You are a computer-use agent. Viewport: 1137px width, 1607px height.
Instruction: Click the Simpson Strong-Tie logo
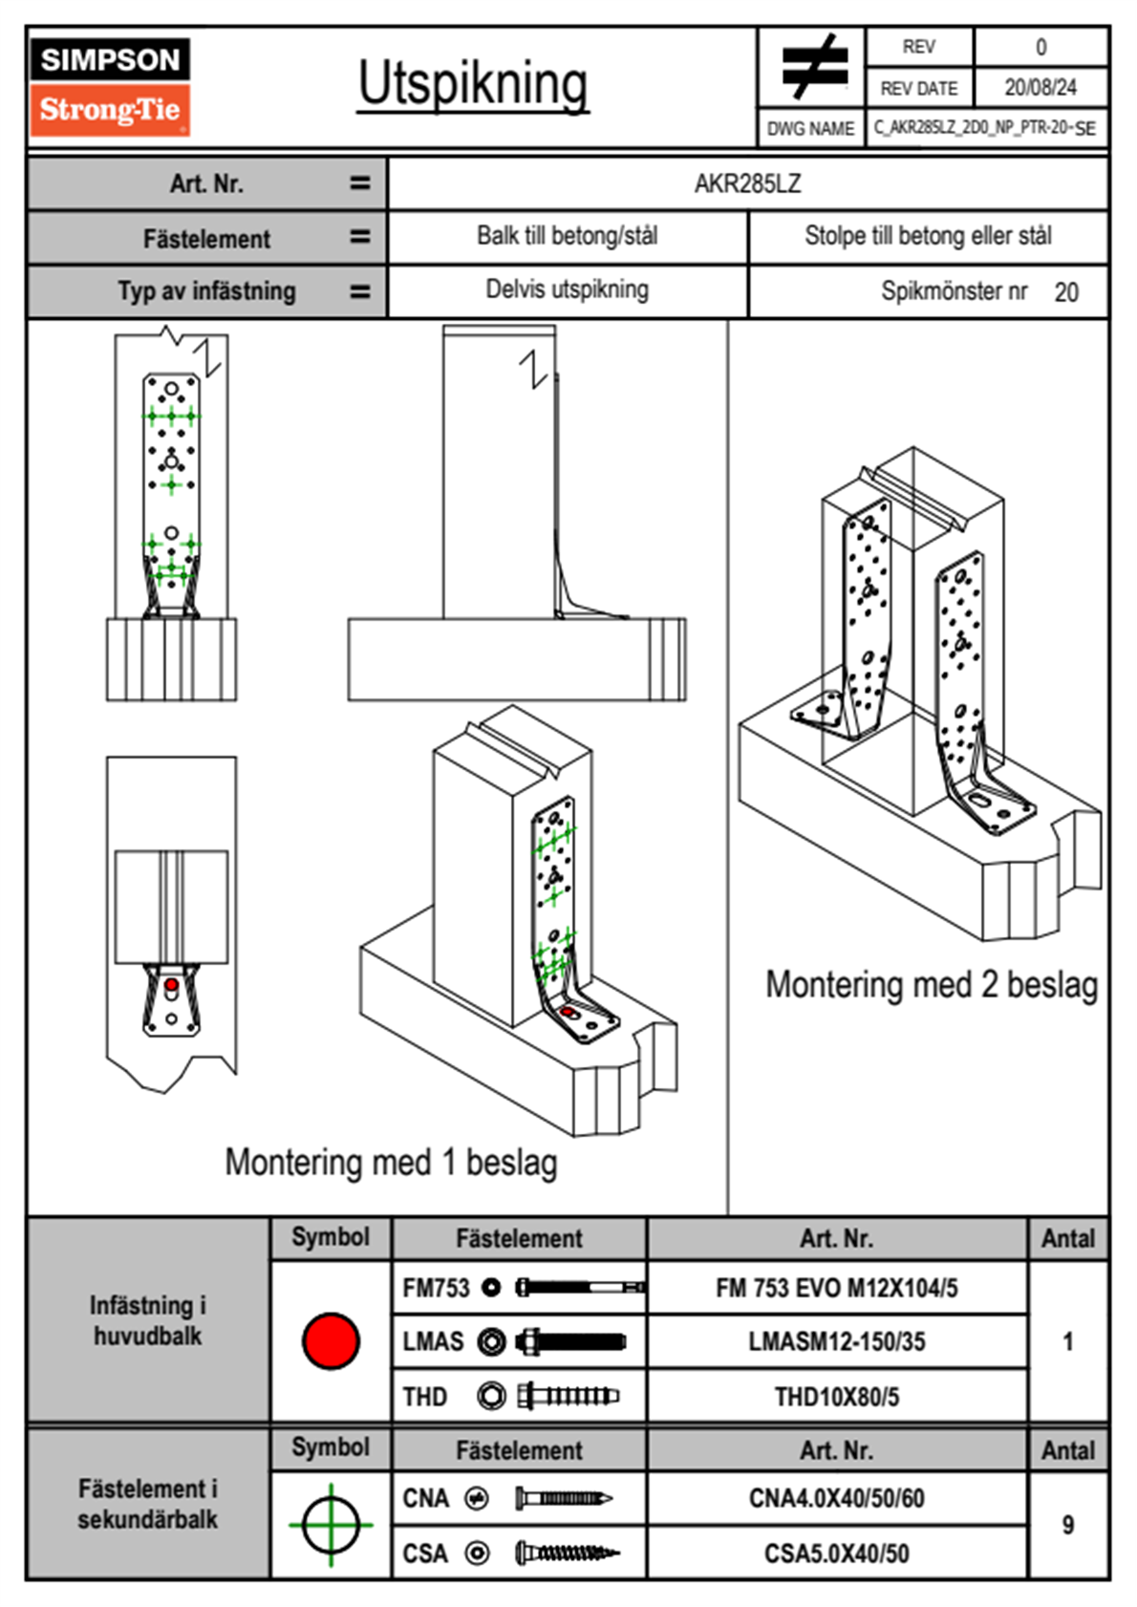tap(109, 87)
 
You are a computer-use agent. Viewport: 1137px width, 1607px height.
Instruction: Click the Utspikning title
tap(473, 84)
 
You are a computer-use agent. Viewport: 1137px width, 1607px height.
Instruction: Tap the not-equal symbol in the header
tap(813, 67)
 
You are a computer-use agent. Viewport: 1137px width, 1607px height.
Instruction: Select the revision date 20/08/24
tap(1040, 88)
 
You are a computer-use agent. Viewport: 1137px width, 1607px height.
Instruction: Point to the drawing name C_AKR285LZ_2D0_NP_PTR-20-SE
tap(984, 128)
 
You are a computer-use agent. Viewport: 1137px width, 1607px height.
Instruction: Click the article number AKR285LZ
tap(747, 183)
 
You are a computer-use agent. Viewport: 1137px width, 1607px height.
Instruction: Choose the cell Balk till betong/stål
tap(567, 236)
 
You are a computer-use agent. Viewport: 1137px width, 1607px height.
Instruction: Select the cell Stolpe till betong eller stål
tap(928, 236)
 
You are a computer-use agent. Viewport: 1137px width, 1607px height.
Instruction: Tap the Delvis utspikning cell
tap(567, 289)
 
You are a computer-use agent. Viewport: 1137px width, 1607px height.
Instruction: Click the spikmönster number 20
tap(1066, 292)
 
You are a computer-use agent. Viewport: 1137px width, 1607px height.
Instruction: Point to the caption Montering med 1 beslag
tap(391, 1163)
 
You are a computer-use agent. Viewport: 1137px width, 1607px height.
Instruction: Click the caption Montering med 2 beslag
tap(931, 985)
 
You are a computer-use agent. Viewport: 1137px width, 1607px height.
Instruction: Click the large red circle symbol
tap(331, 1340)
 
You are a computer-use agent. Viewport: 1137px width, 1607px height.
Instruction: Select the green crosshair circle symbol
tap(331, 1525)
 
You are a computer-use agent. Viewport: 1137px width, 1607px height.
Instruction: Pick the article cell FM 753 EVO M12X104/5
tap(836, 1288)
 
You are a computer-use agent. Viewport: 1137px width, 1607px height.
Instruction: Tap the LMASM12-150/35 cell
tap(836, 1341)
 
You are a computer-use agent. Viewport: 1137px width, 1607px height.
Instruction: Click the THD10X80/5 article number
tap(836, 1397)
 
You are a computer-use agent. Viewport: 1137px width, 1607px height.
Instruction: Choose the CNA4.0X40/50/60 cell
tap(836, 1498)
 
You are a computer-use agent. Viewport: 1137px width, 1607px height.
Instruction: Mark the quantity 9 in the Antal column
tap(1067, 1525)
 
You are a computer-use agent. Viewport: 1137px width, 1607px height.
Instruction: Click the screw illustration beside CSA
tap(566, 1553)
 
